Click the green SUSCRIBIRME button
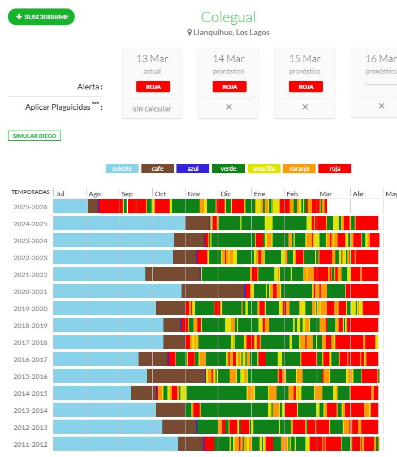click(41, 17)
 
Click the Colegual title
click(228, 17)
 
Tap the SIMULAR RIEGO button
click(34, 136)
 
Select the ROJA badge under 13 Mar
click(153, 87)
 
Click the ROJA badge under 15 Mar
click(305, 87)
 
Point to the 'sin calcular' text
click(152, 109)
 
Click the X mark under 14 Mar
click(229, 106)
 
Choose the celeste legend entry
click(122, 169)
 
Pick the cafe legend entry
click(158, 169)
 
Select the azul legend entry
click(192, 169)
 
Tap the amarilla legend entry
click(264, 169)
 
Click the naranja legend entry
click(299, 169)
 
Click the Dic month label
click(226, 194)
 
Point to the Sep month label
click(127, 194)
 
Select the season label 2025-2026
click(31, 206)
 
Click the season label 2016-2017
click(31, 359)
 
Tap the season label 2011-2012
click(31, 444)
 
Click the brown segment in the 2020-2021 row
click(213, 291)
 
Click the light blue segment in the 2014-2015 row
click(92, 393)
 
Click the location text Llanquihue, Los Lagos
click(231, 32)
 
